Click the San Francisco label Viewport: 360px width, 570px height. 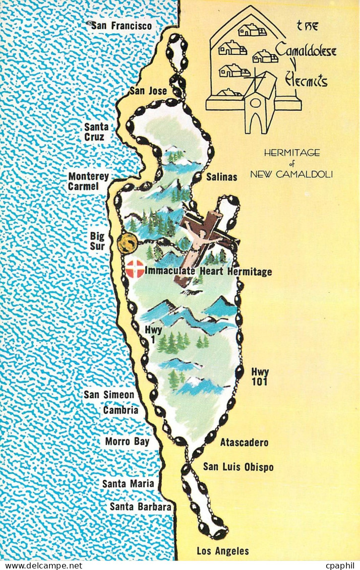pyautogui.click(x=121, y=25)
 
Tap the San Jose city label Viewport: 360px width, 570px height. pyautogui.click(x=148, y=91)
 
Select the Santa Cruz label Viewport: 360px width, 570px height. pyautogui.click(x=96, y=132)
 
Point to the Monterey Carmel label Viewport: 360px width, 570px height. pyautogui.click(x=88, y=181)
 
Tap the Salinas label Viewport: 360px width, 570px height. pyautogui.click(x=221, y=177)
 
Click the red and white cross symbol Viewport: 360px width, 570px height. pyautogui.click(x=134, y=269)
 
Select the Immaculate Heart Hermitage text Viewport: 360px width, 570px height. pyautogui.click(x=208, y=272)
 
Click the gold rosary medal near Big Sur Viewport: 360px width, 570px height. pyautogui.click(x=127, y=243)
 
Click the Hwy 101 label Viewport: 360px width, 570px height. pyautogui.click(x=260, y=377)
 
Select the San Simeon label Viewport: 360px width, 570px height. pyautogui.click(x=109, y=395)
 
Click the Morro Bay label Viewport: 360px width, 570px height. pyautogui.click(x=127, y=441)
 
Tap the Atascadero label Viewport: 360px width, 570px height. pyautogui.click(x=244, y=442)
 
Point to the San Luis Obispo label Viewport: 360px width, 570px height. pyautogui.click(x=238, y=467)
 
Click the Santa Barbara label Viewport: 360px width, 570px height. pyautogui.click(x=141, y=506)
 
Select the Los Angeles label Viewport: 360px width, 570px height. pyautogui.click(x=222, y=551)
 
